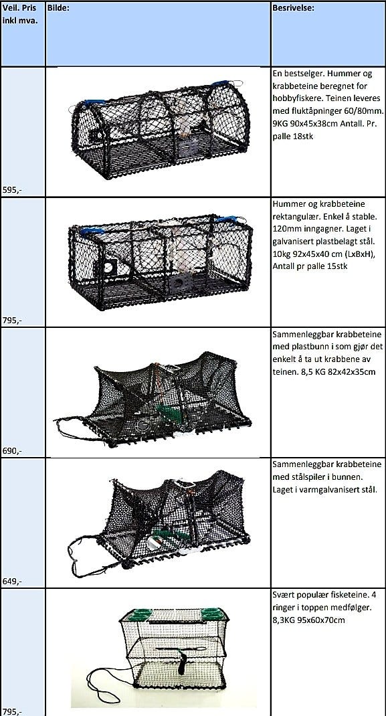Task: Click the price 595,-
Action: [11, 191]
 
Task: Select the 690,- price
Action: [11, 451]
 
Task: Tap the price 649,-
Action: [11, 581]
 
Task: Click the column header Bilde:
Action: [58, 8]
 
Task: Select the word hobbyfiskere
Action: [297, 99]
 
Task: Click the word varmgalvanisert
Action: [328, 490]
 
